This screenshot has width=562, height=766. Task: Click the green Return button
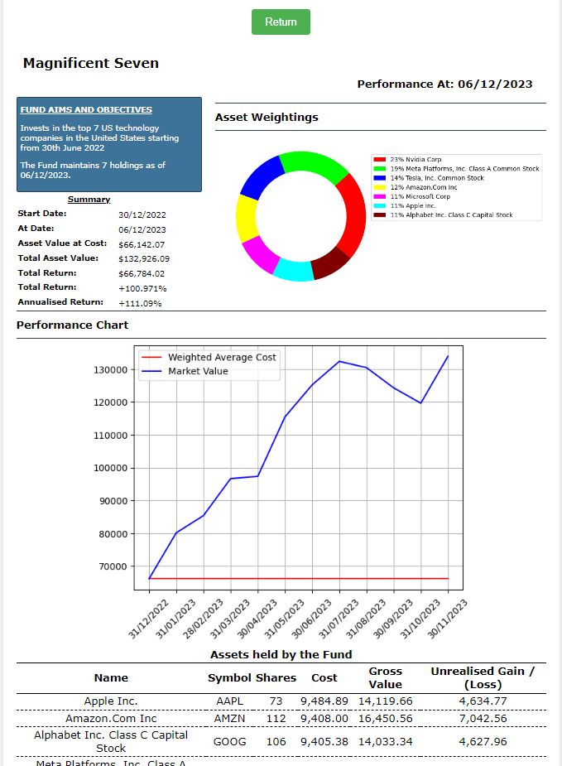[281, 22]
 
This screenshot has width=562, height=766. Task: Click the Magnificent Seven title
[91, 63]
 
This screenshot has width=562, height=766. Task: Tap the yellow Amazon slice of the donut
[247, 218]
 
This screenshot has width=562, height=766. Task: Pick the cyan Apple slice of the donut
[293, 270]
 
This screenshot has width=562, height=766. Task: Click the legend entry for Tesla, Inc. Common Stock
[437, 178]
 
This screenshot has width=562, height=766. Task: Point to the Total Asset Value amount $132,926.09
[144, 258]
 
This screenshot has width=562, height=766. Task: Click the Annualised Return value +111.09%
[140, 303]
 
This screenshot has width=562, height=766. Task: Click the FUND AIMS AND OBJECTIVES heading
[86, 109]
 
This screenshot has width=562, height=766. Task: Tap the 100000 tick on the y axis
[110, 468]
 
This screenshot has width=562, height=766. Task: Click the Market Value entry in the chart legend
[198, 371]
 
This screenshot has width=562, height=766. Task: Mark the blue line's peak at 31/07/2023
[339, 361]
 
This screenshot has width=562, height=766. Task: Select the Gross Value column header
[385, 677]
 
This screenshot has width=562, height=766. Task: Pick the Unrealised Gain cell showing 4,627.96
[482, 741]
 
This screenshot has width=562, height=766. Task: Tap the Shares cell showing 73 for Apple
[276, 701]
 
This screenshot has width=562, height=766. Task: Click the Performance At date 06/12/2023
[495, 84]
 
